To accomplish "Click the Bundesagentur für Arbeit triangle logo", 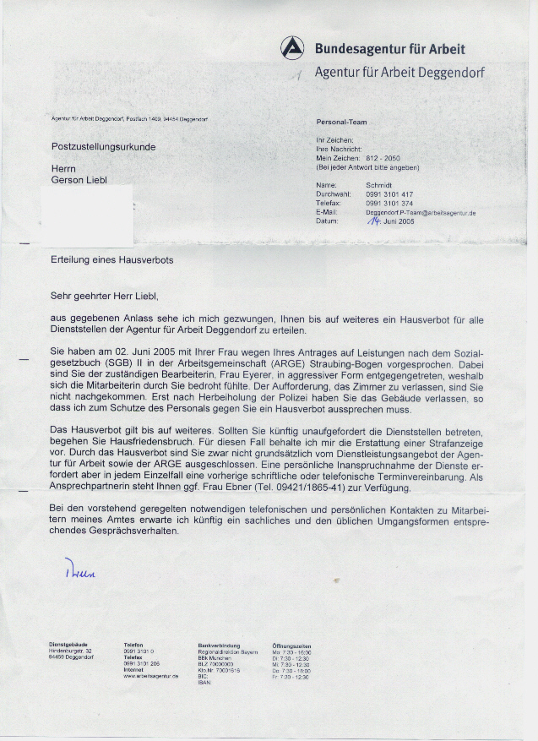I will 292,48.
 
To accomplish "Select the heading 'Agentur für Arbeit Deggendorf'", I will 399,72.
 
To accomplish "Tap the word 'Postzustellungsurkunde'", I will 103,146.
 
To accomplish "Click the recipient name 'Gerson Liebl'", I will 79,181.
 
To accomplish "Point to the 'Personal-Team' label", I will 340,122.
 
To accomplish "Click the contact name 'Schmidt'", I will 379,185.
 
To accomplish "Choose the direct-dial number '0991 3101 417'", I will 389,194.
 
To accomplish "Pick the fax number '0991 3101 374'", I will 389,204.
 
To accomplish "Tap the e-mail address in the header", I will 421,213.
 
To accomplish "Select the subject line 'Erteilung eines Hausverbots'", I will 111,260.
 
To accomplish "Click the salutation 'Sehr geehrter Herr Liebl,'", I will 104,296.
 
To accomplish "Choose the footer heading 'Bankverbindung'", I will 215,645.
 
